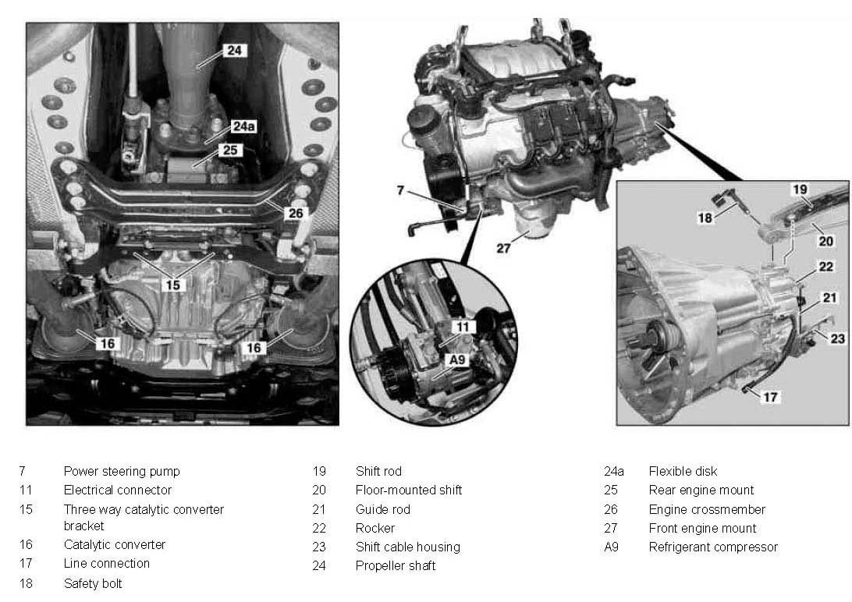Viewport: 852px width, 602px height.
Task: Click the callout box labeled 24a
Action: pos(243,126)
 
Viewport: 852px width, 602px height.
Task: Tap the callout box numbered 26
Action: pos(296,214)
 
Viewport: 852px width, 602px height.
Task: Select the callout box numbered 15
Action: pos(172,285)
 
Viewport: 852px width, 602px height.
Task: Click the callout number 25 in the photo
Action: pos(230,150)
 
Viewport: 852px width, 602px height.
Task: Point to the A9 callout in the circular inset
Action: pos(457,360)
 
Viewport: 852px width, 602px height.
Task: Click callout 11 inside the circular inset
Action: pos(463,327)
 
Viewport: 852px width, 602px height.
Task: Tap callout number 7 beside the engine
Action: pos(400,190)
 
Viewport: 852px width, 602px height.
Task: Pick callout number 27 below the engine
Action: pos(504,248)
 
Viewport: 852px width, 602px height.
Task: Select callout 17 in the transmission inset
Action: pos(771,398)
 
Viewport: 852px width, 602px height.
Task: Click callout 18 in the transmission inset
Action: pos(705,218)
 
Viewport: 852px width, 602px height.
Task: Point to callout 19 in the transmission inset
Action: pos(800,189)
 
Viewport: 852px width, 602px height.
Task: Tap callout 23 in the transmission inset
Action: pos(838,338)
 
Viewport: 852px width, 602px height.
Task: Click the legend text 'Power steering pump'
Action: pos(122,471)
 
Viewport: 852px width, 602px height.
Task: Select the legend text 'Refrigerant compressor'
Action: pos(713,547)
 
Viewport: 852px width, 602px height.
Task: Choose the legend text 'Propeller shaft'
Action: pos(396,565)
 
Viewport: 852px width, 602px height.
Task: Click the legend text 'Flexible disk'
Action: pos(683,471)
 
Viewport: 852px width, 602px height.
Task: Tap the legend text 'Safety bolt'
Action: pos(93,583)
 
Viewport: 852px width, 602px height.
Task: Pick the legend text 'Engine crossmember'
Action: pos(707,510)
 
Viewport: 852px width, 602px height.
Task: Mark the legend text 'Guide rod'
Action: pos(383,510)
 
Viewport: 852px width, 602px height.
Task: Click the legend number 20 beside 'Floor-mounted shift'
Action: pos(319,490)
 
